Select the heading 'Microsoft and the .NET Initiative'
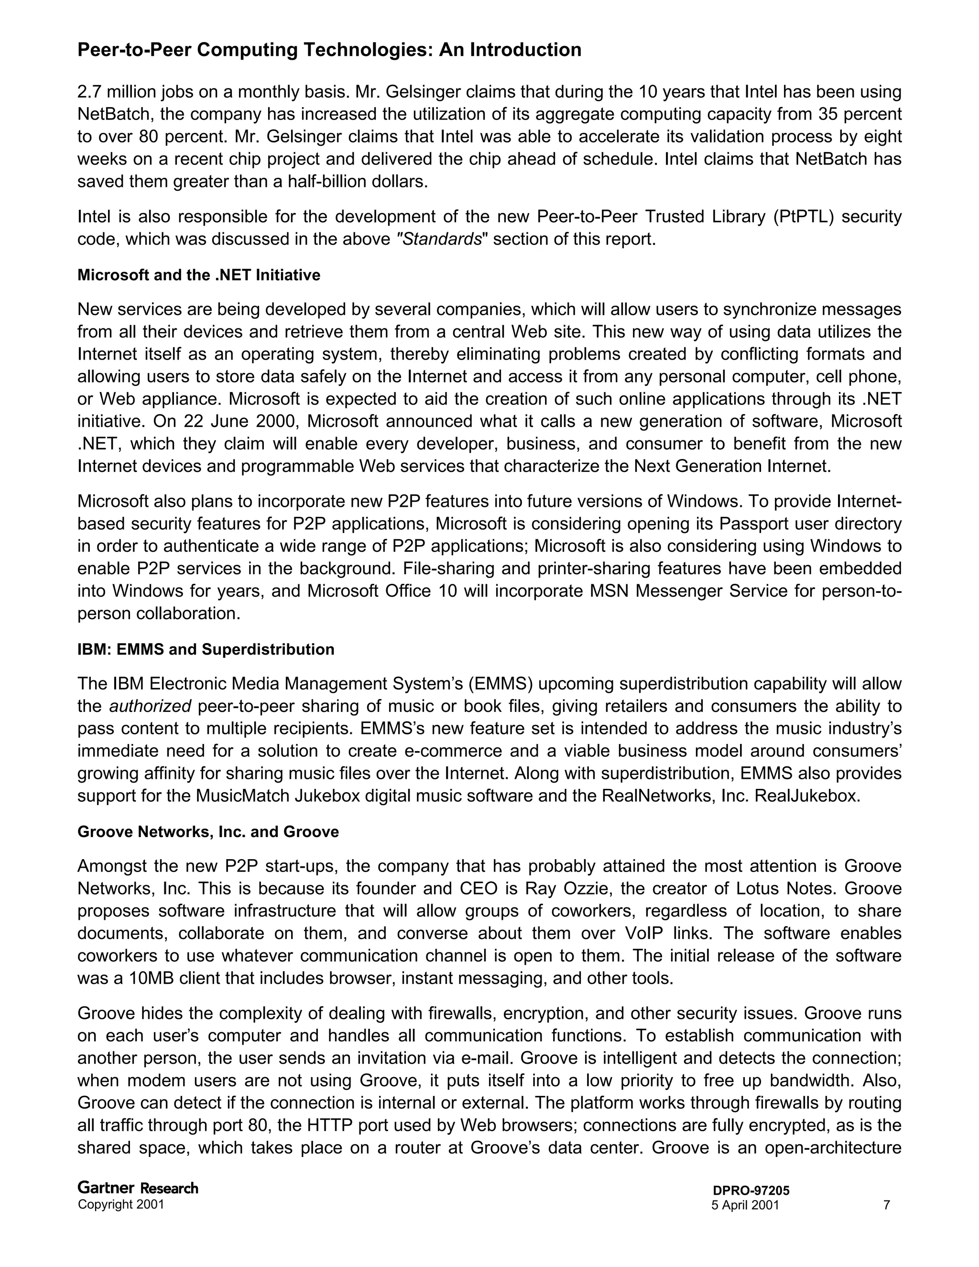click(x=198, y=275)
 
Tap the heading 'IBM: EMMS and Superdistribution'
click(x=206, y=649)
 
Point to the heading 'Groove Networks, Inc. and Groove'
click(x=207, y=832)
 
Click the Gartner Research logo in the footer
click(x=138, y=1188)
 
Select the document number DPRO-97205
click(x=751, y=1191)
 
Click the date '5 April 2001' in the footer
click(x=745, y=1205)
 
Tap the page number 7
click(x=886, y=1205)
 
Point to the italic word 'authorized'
click(x=150, y=707)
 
